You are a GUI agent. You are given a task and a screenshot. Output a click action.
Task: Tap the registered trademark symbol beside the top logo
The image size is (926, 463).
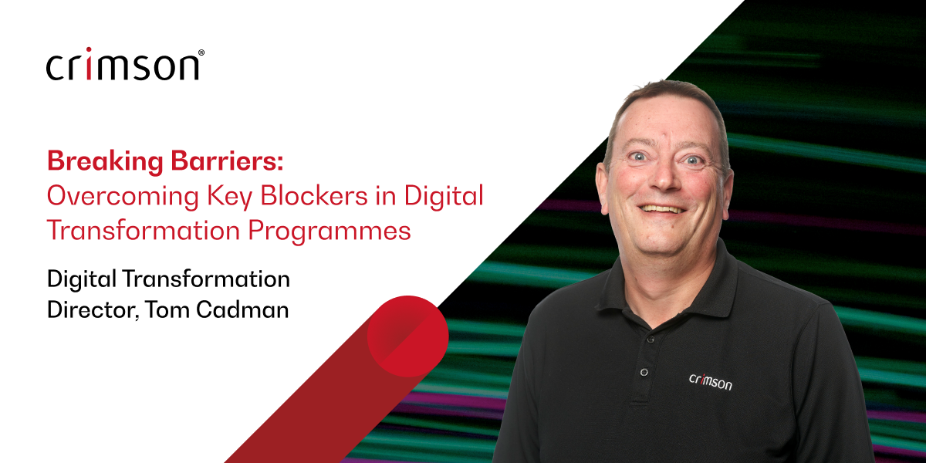click(201, 53)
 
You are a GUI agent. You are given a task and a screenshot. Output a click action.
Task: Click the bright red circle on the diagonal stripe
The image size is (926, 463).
click(407, 336)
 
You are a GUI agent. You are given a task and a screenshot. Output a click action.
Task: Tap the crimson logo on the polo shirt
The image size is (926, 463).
click(710, 380)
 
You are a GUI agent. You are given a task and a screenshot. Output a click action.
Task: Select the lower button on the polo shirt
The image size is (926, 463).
click(644, 372)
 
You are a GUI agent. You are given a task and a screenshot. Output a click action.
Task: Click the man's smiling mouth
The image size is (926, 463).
click(663, 208)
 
